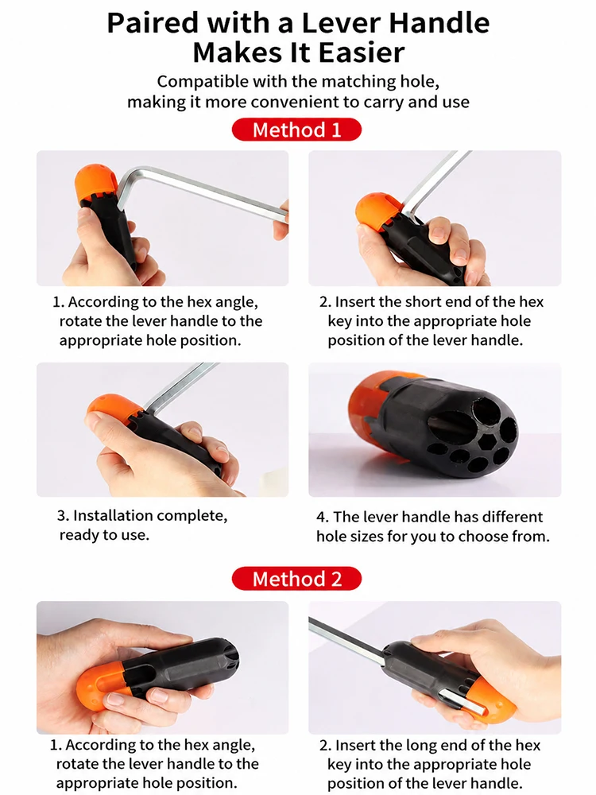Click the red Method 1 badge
[x=296, y=130]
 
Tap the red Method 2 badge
[x=296, y=579]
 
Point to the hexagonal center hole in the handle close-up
[x=488, y=441]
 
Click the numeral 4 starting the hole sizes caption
[x=322, y=517]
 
